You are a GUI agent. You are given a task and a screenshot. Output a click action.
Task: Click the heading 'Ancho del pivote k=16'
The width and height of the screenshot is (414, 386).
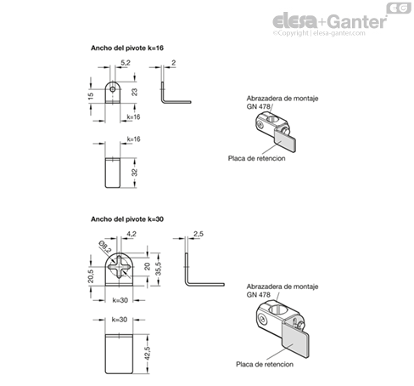[x=127, y=48]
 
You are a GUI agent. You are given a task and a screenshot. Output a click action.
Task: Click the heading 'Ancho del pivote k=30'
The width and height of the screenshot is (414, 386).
[x=127, y=219]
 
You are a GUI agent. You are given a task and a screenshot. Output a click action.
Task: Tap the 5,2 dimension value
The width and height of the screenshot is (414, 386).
[x=126, y=63]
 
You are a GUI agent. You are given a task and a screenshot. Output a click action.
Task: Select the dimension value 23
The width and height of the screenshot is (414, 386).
[x=134, y=92]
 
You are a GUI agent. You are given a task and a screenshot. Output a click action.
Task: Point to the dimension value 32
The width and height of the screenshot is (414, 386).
[x=134, y=172]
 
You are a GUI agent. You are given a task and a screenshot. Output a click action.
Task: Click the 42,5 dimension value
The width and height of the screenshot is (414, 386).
[x=147, y=354]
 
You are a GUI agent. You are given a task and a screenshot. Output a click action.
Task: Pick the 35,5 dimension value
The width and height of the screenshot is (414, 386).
[x=159, y=269]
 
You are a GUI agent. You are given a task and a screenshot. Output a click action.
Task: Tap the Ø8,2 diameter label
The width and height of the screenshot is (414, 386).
[x=105, y=247]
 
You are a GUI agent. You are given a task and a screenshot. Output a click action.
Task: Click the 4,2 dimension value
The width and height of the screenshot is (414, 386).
[x=131, y=234]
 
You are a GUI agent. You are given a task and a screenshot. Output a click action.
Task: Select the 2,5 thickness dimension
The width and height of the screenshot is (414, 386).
[x=199, y=234]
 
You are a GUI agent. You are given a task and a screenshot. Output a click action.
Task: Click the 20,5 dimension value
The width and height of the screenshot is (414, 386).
[x=91, y=275]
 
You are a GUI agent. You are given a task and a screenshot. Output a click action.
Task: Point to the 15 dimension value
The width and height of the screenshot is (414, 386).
[x=91, y=96]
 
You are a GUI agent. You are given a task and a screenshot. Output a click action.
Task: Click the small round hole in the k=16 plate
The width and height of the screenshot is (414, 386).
[x=113, y=89]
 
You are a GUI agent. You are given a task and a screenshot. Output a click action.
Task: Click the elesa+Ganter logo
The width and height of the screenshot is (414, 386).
[x=329, y=20]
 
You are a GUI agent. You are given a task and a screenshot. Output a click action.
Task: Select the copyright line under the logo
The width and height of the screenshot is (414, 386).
[x=319, y=33]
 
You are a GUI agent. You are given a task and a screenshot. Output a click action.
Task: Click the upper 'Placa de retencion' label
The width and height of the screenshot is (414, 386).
[x=256, y=158]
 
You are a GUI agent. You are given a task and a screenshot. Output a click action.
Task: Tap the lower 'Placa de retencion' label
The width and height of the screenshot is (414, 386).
[x=265, y=364]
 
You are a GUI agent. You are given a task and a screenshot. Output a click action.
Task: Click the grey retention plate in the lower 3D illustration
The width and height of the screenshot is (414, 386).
[x=295, y=340]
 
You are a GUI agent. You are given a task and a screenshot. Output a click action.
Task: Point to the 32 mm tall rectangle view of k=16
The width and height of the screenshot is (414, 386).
[x=113, y=173]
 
